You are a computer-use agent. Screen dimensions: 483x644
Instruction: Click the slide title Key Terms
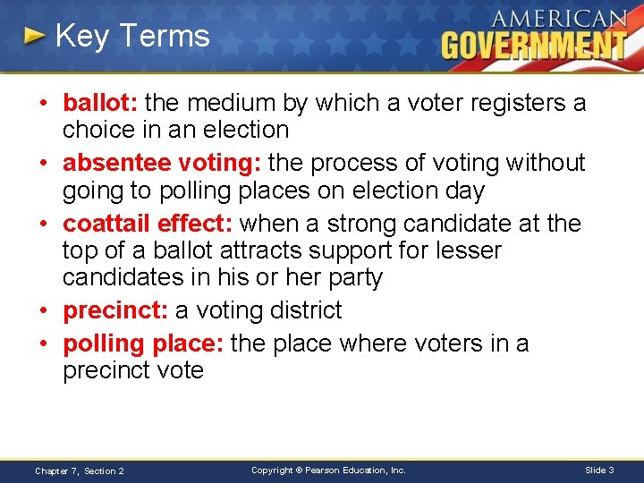tap(131, 37)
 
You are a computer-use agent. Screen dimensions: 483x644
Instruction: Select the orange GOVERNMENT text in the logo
tap(533, 45)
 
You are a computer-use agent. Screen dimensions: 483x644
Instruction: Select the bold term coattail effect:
tap(148, 223)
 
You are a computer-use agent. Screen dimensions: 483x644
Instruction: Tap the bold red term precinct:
tap(114, 310)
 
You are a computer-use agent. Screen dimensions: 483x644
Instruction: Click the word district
tap(301, 310)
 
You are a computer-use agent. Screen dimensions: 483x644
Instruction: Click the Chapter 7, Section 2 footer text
tap(80, 470)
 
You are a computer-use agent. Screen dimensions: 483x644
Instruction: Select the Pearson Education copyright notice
tap(328, 470)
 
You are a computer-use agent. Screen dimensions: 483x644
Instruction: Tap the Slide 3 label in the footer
tap(599, 470)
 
